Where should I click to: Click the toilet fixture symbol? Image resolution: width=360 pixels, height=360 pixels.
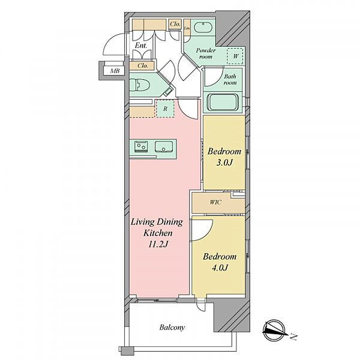tap(139, 85)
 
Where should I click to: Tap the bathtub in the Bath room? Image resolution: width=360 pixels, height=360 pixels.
tap(223, 102)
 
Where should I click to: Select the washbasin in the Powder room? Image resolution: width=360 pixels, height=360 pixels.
tap(203, 28)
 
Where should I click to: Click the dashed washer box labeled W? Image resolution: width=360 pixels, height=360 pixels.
tap(235, 56)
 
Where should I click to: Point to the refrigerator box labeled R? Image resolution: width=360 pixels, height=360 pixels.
tap(165, 109)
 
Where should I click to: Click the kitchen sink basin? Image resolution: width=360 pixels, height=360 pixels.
tap(164, 146)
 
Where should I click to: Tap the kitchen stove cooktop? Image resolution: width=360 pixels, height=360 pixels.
tap(141, 146)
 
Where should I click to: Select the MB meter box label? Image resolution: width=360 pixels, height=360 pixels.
tap(115, 71)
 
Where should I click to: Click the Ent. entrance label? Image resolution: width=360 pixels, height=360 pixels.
tap(141, 46)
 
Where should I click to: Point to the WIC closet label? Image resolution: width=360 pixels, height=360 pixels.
tap(215, 202)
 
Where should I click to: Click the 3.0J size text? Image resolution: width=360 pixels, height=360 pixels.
tap(224, 163)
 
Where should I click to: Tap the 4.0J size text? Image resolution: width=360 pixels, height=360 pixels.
tap(220, 268)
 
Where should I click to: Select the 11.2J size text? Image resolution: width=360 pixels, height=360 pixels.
tap(158, 244)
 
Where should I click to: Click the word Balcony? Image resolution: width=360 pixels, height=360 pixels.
tap(172, 328)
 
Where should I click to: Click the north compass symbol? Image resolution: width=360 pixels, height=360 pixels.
tap(275, 331)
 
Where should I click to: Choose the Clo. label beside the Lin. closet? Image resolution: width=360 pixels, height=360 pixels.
tap(175, 24)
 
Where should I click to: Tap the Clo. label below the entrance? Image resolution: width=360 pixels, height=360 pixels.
tap(143, 65)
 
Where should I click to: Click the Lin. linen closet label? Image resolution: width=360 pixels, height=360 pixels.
tap(187, 28)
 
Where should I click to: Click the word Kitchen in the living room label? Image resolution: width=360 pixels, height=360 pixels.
tap(158, 233)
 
